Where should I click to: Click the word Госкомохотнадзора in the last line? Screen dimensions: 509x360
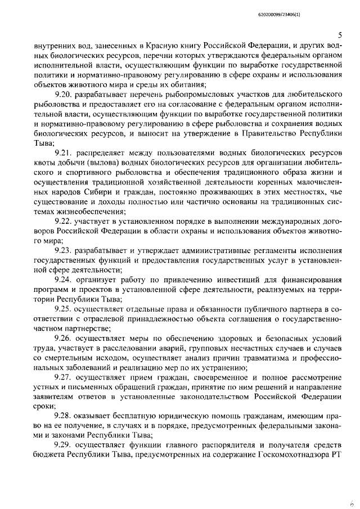click(x=287, y=454)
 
